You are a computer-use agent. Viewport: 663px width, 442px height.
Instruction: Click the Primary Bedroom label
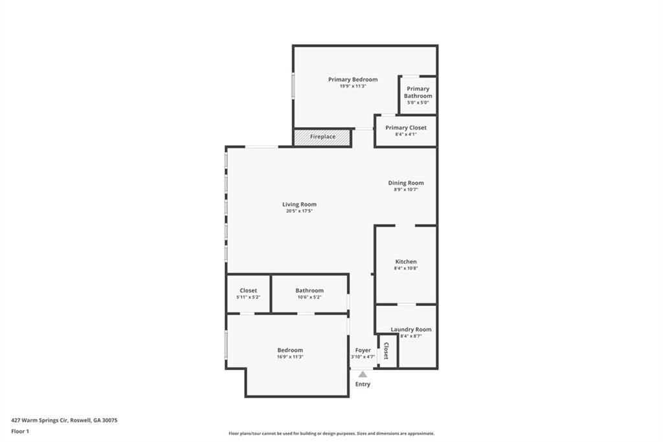coord(353,79)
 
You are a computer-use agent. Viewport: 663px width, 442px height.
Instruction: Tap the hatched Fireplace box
coord(322,137)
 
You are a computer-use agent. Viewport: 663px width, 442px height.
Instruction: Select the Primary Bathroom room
coord(418,95)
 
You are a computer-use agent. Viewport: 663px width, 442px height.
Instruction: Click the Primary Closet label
coord(405,128)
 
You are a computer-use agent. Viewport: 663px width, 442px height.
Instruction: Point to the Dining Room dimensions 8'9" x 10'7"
coord(405,190)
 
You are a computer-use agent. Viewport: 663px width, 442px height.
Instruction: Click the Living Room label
coord(299,204)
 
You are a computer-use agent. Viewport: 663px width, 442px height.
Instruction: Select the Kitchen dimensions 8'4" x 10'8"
coord(406,268)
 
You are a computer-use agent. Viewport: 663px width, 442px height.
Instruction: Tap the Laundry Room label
coord(411,329)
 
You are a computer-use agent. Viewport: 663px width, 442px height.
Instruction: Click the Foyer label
coord(363,350)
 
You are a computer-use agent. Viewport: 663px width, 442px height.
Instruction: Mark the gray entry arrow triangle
coord(363,374)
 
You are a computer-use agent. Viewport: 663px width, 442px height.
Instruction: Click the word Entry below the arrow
coord(363,384)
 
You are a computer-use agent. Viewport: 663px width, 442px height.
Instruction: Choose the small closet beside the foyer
coord(387,351)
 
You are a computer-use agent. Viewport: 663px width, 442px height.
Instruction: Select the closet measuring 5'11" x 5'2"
coord(248,294)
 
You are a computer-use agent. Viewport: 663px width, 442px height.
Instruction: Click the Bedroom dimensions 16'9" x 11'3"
coord(290,357)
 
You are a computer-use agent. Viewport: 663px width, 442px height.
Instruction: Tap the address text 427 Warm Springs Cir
coord(39,421)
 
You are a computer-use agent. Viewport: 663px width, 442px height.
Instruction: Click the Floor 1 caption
coord(20,432)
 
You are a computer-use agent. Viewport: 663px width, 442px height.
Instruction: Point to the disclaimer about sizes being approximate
coord(331,434)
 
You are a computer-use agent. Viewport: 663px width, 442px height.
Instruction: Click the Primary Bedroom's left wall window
coord(293,86)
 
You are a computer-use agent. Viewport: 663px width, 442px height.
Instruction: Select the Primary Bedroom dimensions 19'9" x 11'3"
coord(353,86)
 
